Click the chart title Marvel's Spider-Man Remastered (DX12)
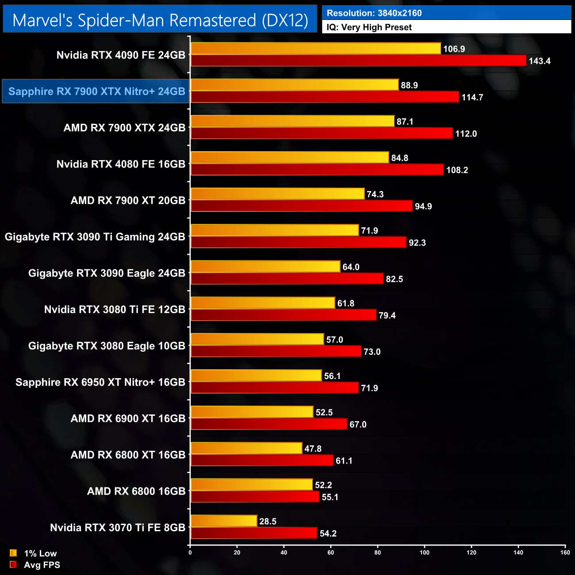pos(160,20)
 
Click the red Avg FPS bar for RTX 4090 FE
pos(358,61)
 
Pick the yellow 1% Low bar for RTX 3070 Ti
pos(224,521)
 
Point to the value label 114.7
pos(472,97)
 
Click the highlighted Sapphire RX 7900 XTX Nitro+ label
pos(96,92)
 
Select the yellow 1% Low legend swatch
pos(13,553)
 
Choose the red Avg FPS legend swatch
pos(13,564)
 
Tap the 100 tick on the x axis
pos(425,552)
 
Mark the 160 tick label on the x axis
pos(565,552)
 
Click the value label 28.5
pos(268,521)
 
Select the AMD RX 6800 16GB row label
pos(136,491)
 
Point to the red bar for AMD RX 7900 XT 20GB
pos(301,206)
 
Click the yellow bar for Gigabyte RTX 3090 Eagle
pos(265,267)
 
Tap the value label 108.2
pos(457,170)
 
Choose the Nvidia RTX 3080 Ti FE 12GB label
pos(115,310)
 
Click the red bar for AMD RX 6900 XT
pos(268,424)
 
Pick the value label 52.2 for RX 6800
pos(323,485)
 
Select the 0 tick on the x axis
pos(190,552)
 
